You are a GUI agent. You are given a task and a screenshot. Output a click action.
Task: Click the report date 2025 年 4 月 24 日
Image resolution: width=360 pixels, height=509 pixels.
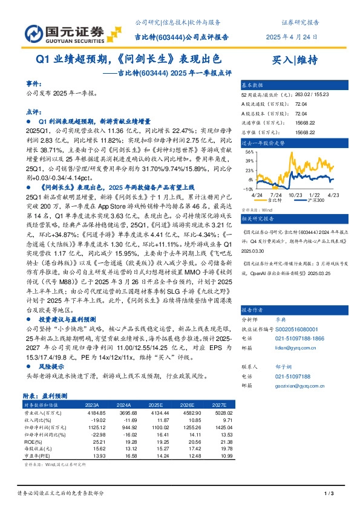tap(292, 36)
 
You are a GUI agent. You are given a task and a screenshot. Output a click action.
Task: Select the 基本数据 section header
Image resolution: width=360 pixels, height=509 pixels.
tap(253, 85)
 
